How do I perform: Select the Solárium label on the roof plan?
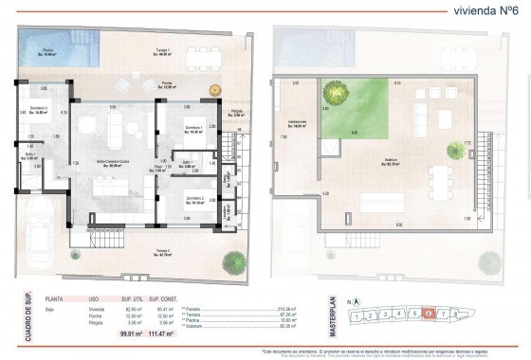tap(388, 163)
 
